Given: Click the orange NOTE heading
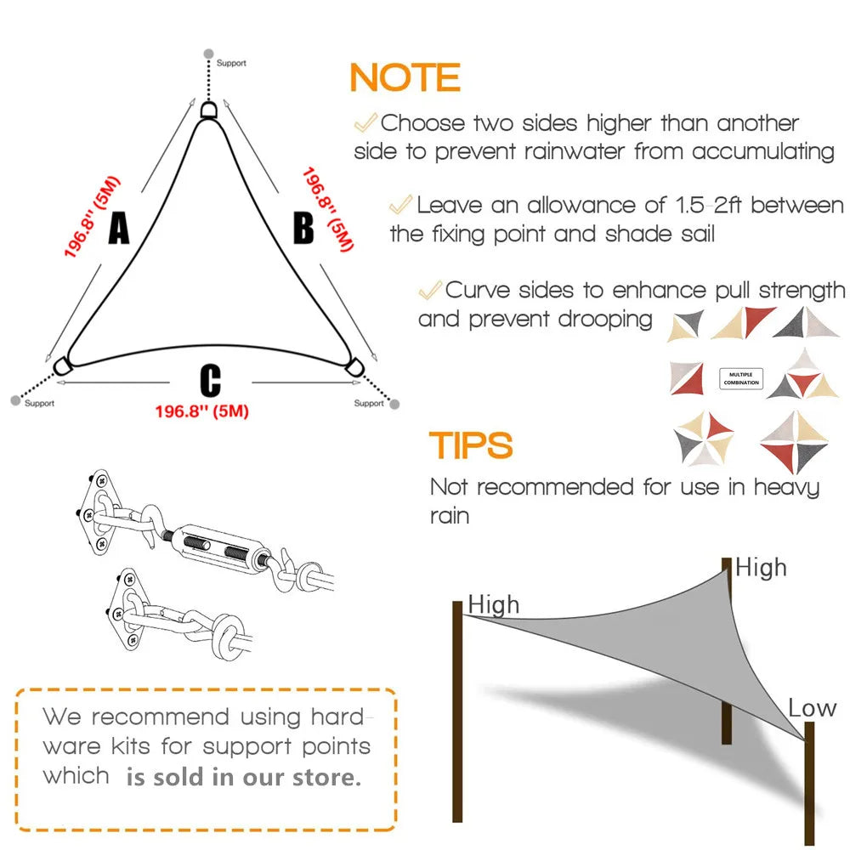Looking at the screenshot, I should point(405,78).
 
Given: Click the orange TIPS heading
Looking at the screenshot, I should point(471,445).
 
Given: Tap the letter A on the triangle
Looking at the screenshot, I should point(118,228).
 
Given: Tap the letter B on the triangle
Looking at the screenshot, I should point(303,229).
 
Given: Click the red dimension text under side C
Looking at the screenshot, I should point(201,411).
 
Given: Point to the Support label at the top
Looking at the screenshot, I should point(230,63).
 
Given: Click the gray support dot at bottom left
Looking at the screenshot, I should point(14,399).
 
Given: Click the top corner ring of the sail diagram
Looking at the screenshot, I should point(209,110).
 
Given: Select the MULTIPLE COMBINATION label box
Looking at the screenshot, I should point(741,378).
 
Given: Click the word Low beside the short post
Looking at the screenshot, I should point(812,708).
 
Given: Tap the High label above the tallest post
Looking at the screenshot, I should point(761,568).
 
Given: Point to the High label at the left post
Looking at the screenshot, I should point(493,605).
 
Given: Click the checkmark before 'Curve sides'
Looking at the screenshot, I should point(430,290).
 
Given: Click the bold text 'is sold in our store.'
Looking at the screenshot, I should point(243,777).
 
